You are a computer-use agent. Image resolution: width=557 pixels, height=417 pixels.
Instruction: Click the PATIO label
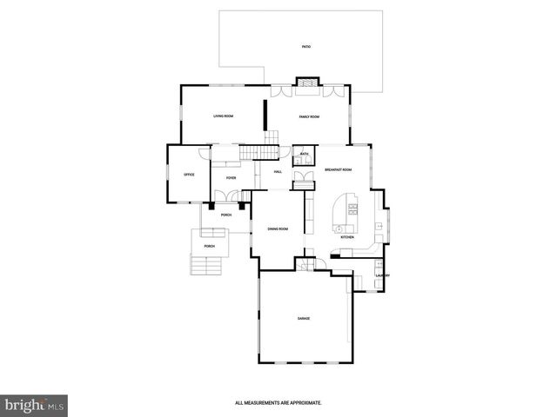pos(305,46)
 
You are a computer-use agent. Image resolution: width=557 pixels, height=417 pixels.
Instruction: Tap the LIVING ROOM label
pos(224,116)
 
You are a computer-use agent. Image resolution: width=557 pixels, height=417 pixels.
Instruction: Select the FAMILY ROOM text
pos(309,116)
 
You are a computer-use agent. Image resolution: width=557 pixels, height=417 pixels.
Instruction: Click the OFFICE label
pos(189,175)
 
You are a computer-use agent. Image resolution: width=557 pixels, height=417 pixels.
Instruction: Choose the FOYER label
pos(231,177)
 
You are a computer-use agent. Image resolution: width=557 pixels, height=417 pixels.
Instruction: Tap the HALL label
pos(278,171)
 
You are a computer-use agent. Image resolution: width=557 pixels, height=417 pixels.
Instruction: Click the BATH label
pos(304,154)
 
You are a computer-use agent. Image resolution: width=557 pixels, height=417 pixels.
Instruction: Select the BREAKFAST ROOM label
pos(338,169)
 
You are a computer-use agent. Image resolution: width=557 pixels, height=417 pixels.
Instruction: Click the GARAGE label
pos(303,319)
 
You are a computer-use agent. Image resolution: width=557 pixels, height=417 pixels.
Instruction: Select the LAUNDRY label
pos(381,275)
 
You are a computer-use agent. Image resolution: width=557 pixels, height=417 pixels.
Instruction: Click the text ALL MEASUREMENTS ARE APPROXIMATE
pos(278,402)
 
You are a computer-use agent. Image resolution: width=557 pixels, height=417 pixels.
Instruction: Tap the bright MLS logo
pos(35,404)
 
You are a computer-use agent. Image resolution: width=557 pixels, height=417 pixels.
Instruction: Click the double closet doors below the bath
pos(304,180)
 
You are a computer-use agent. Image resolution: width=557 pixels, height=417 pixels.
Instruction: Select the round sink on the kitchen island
pos(337,228)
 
